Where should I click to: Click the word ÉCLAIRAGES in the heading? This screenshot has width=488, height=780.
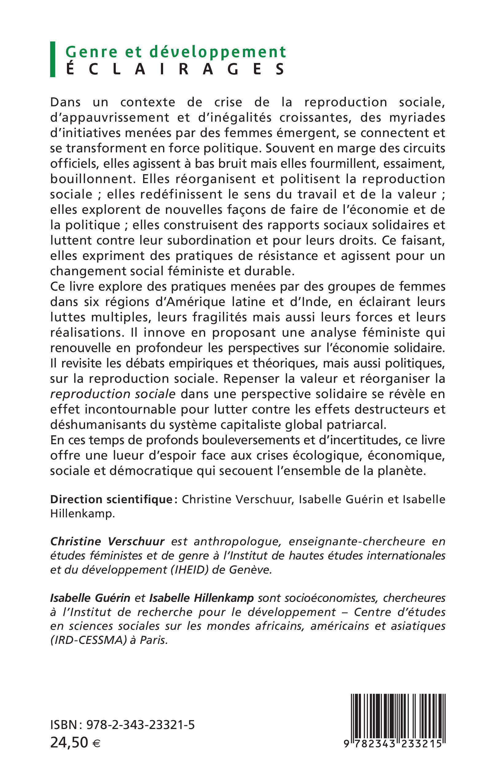click(176, 69)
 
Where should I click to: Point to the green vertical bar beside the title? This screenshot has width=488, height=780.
click(53, 59)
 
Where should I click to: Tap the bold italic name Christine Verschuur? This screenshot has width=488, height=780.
click(107, 541)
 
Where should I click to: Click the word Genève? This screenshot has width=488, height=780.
click(251, 570)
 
